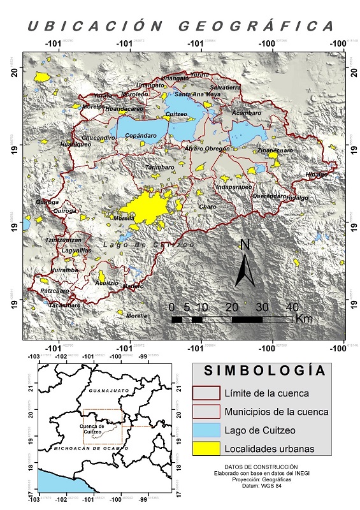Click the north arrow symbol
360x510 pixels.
pos(245,263)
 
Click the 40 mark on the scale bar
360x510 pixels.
pos(291,307)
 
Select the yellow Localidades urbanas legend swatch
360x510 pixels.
pos(207,448)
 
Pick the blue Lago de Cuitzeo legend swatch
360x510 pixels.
pos(207,430)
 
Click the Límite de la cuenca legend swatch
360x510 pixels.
pos(207,392)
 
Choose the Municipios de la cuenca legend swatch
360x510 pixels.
pos(207,411)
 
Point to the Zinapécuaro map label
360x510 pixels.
pos(275,150)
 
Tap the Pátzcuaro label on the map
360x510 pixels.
pos(54,291)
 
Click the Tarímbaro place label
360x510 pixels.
pos(159,167)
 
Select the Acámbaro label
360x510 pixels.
pos(247,112)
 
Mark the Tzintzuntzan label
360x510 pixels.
pos(63,240)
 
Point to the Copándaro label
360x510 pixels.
pos(141,135)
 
